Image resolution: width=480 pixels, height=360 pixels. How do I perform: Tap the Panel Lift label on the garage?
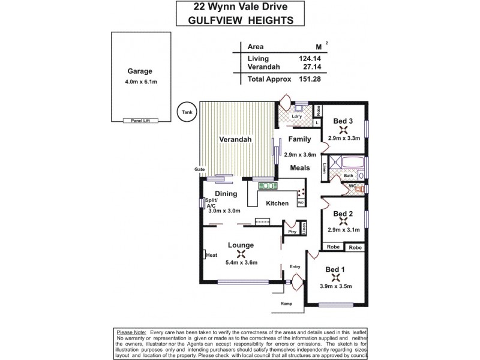coord(136,120)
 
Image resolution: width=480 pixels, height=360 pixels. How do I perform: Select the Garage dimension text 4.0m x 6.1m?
coord(136,82)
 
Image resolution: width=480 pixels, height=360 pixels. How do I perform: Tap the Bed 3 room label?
coord(343,121)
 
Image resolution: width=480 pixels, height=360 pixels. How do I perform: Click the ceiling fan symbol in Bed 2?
coord(343,220)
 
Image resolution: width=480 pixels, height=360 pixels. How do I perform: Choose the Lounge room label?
coord(240,245)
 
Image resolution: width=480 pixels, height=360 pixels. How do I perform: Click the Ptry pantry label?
coord(292,232)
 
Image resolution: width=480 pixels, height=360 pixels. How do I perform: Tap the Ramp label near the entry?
coord(287,304)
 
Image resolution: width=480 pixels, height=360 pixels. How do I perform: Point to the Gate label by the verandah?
coord(199,170)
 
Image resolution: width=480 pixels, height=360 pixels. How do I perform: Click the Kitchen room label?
coord(278,203)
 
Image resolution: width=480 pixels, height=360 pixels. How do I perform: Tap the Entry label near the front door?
coord(295,266)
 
